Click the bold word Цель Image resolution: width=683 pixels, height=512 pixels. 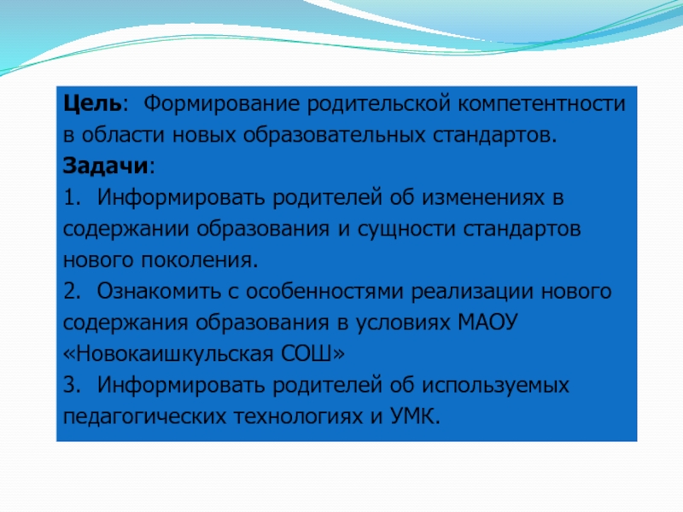92,104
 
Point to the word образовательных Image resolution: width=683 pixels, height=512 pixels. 334,136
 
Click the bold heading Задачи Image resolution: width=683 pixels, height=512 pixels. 105,166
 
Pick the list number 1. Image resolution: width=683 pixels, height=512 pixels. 72,198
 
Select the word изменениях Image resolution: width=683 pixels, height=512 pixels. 483,198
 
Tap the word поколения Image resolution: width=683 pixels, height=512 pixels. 200,261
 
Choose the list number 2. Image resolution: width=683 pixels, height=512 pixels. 72,291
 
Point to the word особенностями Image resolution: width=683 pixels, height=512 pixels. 324,291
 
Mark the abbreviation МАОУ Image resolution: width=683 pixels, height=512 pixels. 487,323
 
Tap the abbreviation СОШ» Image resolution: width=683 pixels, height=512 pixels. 312,354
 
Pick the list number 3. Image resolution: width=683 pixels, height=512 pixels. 72,386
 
